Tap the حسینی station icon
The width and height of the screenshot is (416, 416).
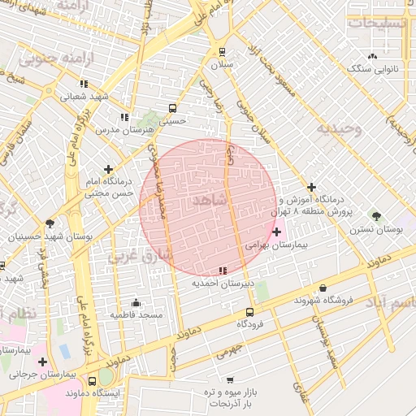click(172, 108)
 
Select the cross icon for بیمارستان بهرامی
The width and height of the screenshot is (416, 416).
click(277, 232)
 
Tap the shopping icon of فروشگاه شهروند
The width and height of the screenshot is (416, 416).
click(323, 288)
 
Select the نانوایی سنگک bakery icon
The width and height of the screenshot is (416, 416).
click(372, 56)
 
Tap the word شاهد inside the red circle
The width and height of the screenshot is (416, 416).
click(209, 200)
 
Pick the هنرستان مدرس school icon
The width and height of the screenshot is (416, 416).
click(123, 116)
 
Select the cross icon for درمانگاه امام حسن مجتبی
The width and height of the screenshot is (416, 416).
click(108, 169)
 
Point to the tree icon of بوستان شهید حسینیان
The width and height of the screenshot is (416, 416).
click(50, 223)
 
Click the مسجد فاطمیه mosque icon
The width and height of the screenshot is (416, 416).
click(136, 302)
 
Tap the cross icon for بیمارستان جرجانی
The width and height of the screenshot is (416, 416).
click(42, 362)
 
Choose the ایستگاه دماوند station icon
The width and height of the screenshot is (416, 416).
click(91, 380)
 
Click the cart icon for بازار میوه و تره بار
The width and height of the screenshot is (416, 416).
click(230, 379)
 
